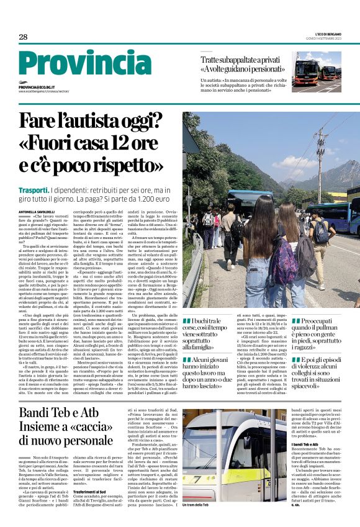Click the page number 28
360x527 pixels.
pos(23,37)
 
